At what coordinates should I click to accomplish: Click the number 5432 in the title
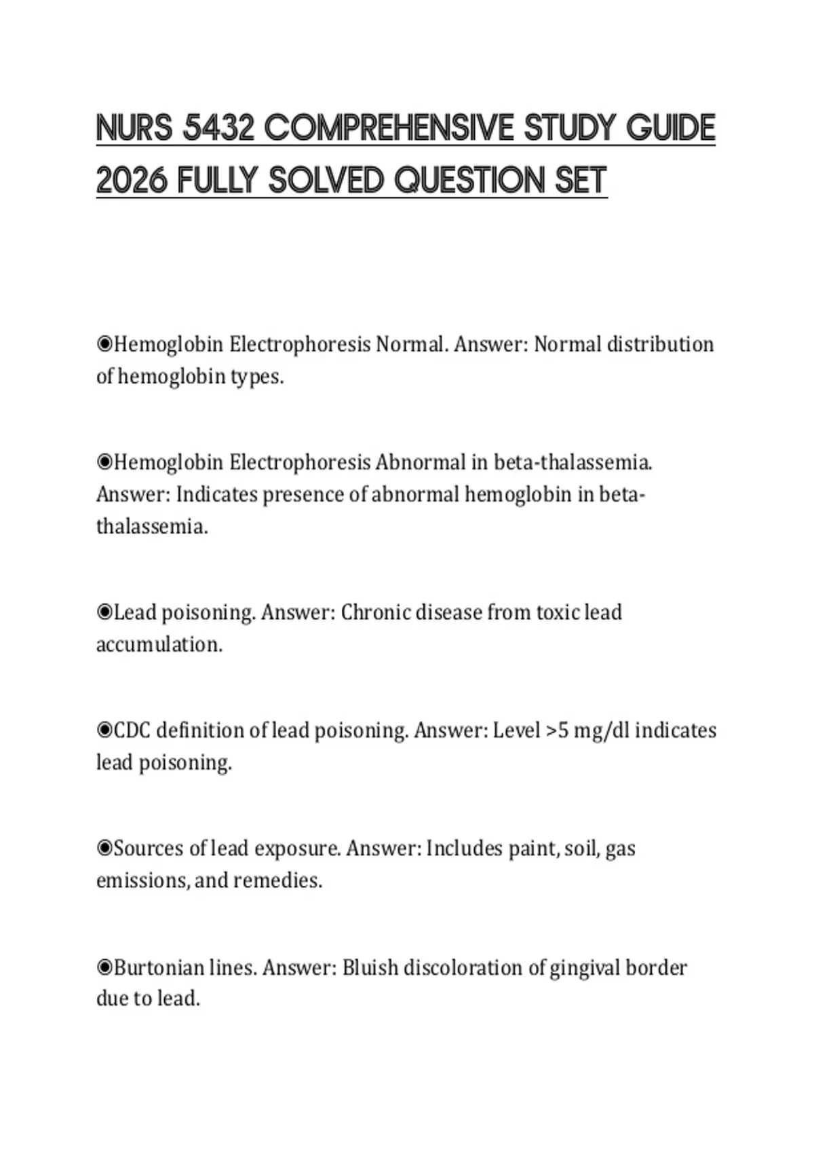(218, 128)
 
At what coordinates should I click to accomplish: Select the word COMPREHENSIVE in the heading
(388, 128)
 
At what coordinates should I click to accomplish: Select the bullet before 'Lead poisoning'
(104, 612)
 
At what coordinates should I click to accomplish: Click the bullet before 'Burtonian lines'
(104, 967)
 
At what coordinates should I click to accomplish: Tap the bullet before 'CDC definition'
(104, 730)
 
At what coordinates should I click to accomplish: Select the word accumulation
(159, 644)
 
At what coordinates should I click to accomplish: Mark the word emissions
(142, 880)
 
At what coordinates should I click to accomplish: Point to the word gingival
(584, 967)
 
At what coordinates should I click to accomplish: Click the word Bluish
(370, 967)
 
